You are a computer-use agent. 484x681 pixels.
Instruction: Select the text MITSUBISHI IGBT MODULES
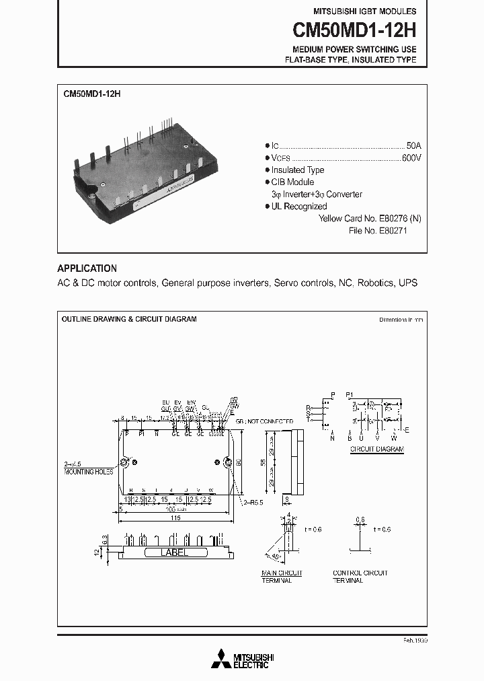(x=365, y=11)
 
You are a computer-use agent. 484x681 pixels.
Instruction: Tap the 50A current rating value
(x=414, y=145)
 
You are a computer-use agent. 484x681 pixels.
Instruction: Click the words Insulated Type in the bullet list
(x=297, y=170)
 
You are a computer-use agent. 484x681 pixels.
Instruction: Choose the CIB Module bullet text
(x=292, y=182)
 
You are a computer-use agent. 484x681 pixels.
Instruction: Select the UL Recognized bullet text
(x=298, y=207)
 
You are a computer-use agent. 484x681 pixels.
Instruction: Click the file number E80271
(x=389, y=231)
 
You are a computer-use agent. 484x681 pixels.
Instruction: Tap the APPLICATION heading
(x=87, y=268)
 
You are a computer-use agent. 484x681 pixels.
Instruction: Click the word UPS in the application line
(x=408, y=283)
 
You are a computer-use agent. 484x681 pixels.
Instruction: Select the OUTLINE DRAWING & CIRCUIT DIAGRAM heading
(x=129, y=319)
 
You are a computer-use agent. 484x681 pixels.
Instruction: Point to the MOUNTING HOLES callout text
(x=89, y=472)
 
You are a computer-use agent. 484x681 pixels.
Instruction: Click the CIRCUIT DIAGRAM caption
(x=376, y=448)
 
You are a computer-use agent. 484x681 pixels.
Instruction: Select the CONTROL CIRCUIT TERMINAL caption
(x=360, y=577)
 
